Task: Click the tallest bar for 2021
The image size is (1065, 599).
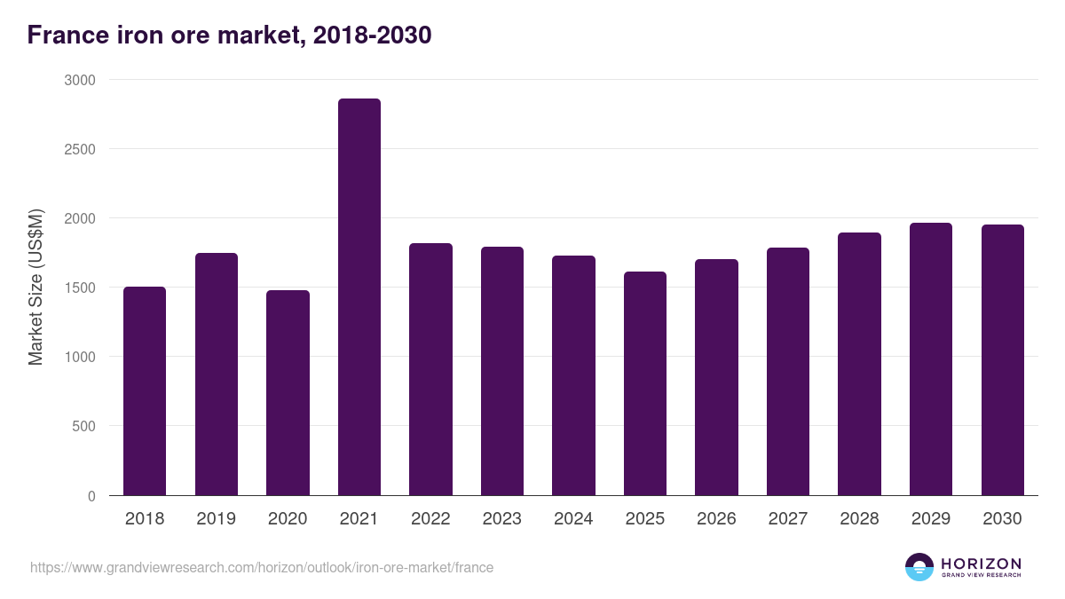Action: [x=359, y=297]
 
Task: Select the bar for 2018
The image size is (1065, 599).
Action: [x=145, y=390]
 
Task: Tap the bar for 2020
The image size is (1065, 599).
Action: [x=288, y=392]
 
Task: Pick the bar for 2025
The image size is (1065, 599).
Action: [x=645, y=383]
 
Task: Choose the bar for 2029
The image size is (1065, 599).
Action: [x=931, y=359]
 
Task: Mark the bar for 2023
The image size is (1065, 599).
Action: [x=502, y=371]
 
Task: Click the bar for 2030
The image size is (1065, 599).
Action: [x=1003, y=360]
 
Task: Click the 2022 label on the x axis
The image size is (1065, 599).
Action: [x=430, y=519]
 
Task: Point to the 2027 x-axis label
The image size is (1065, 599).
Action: [x=788, y=519]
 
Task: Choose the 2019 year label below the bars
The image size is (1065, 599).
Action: [x=216, y=519]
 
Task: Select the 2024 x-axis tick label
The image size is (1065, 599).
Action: [x=573, y=519]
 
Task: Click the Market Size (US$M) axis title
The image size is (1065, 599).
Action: [x=35, y=288]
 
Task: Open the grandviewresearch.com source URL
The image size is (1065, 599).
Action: [x=262, y=567]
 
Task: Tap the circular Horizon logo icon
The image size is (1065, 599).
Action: [x=919, y=567]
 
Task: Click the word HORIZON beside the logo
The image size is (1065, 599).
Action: [x=981, y=563]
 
